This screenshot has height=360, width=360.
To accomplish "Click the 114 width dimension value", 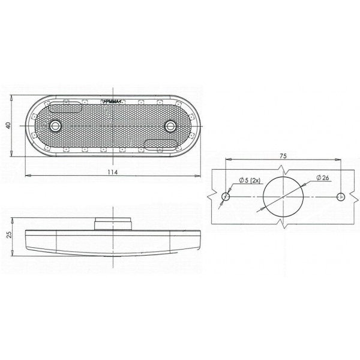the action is pyautogui.click(x=113, y=172).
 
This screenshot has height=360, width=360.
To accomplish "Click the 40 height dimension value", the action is pyautogui.click(x=8, y=125).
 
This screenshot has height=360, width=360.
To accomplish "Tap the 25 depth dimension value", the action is pyautogui.click(x=9, y=235).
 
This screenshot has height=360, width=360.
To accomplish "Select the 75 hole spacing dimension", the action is pyautogui.click(x=283, y=156).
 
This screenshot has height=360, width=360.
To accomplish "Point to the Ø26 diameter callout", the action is pyautogui.click(x=322, y=178).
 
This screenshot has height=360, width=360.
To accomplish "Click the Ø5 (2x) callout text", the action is pyautogui.click(x=250, y=181).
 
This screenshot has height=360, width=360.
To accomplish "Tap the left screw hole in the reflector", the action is pyautogui.click(x=55, y=126).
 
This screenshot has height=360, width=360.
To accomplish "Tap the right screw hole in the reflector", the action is pyautogui.click(x=170, y=126).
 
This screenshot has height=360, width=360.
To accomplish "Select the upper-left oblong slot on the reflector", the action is pyautogui.click(x=65, y=107).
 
